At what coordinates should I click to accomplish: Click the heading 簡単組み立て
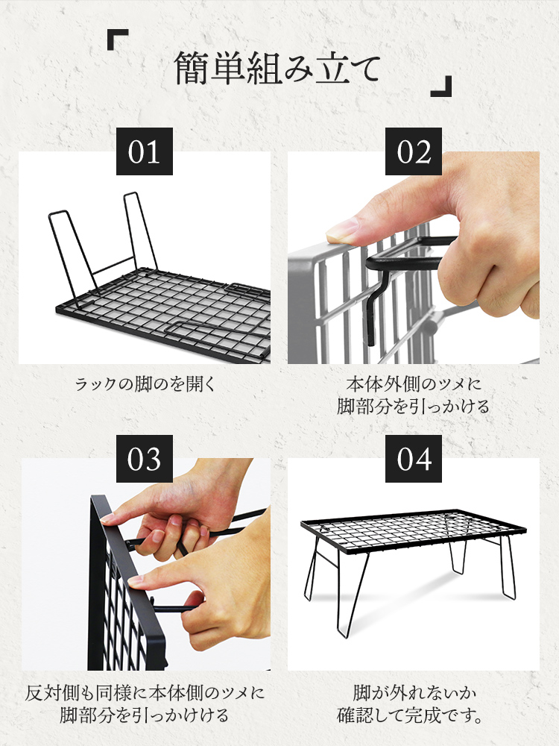click(x=277, y=69)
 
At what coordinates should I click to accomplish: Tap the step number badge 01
click(x=145, y=151)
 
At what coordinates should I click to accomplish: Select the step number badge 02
click(x=414, y=151)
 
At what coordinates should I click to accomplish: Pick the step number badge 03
click(x=145, y=459)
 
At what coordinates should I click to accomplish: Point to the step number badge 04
click(x=414, y=459)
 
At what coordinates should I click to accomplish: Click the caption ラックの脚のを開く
click(x=145, y=384)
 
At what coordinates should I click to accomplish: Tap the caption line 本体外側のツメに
click(x=414, y=383)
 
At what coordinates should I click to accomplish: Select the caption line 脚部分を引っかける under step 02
click(x=414, y=407)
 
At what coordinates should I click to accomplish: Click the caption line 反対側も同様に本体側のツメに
click(x=145, y=692)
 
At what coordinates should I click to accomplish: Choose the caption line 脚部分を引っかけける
click(x=145, y=715)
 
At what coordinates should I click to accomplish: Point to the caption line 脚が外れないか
click(x=414, y=692)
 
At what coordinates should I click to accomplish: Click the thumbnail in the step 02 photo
click(x=342, y=231)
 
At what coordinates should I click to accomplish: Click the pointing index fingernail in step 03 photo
click(x=136, y=581)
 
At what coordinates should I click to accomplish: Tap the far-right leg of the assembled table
click(x=508, y=566)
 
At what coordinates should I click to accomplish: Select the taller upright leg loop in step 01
click(x=141, y=231)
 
